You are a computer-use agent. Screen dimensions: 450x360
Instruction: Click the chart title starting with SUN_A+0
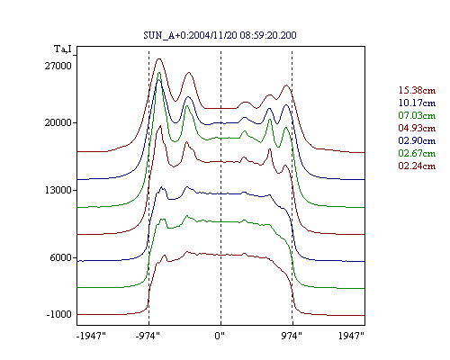[x=220, y=35]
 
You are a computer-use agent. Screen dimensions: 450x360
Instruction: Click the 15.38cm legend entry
[x=417, y=90]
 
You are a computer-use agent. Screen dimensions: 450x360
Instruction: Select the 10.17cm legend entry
[x=417, y=103]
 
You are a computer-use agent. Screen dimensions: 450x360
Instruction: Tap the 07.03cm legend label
[x=417, y=115]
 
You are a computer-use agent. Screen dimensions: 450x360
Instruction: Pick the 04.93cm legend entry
[x=417, y=128]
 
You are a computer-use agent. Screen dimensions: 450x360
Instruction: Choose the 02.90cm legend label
[x=417, y=140]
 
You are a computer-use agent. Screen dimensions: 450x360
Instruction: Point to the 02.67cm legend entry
[x=417, y=153]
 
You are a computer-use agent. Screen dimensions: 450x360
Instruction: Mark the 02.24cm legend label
[x=417, y=166]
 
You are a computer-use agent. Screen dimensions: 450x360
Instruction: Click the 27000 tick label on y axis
[x=58, y=66]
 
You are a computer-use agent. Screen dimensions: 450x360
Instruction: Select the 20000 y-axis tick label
[x=58, y=122]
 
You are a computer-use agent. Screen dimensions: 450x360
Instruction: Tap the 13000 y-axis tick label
[x=58, y=190]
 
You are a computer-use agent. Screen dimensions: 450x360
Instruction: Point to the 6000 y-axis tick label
[x=61, y=257]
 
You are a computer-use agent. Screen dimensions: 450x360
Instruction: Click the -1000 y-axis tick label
[x=59, y=314]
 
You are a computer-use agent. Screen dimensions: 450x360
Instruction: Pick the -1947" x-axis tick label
[x=91, y=336]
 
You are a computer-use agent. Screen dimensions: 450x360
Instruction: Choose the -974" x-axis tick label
[x=148, y=336]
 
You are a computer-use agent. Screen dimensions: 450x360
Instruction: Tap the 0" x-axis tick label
[x=220, y=336]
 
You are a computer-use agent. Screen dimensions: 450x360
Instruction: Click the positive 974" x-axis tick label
[x=292, y=336]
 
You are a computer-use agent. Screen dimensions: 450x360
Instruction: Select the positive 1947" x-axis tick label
[x=351, y=336]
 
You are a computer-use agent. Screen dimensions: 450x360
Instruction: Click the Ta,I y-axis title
[x=63, y=49]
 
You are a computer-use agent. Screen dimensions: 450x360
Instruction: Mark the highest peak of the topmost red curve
[x=159, y=58]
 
